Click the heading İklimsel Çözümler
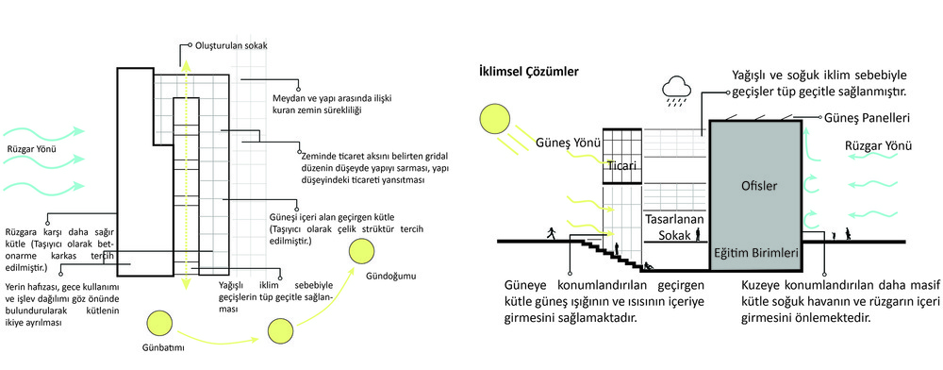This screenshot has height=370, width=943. (528, 72)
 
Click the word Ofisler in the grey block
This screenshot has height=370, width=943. (756, 186)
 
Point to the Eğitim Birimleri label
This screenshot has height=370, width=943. (756, 253)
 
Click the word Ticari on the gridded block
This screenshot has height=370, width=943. (621, 165)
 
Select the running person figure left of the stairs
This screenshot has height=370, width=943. (551, 233)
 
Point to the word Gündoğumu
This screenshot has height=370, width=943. (391, 277)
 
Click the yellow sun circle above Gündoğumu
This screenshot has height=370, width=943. (363, 252)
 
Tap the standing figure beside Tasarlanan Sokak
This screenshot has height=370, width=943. (698, 235)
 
